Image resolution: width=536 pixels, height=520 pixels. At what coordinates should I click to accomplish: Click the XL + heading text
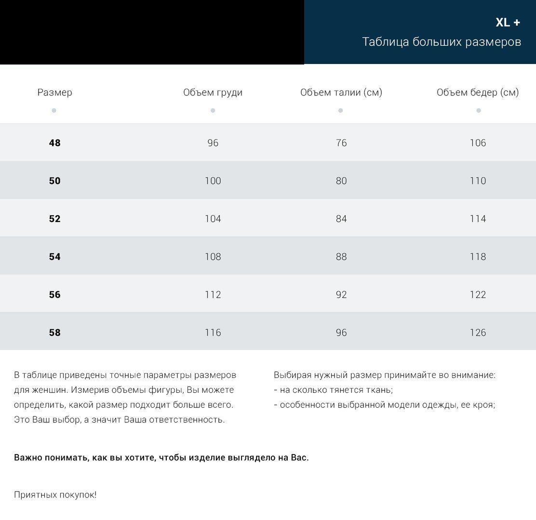point(508,23)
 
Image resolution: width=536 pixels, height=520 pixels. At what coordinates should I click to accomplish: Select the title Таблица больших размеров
point(441,42)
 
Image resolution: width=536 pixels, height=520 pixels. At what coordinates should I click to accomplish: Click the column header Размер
point(54,92)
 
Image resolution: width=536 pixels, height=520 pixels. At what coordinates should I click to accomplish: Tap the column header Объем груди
point(213,92)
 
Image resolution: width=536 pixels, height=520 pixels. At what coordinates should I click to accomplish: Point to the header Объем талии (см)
point(341,92)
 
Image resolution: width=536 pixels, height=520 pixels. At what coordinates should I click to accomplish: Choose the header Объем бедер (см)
point(477,92)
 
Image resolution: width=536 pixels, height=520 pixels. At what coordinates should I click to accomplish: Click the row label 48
point(54,143)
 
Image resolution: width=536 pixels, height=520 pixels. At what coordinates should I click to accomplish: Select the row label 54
point(54,257)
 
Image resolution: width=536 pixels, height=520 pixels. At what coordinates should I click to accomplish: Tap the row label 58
point(54,333)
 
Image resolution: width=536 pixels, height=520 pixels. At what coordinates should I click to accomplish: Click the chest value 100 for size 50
point(213,181)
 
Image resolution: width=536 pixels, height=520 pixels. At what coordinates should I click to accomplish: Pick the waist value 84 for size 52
point(341,219)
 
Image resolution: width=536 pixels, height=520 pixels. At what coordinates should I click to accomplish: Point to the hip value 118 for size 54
point(478,257)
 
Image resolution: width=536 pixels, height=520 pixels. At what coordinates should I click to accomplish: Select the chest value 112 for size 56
point(213,295)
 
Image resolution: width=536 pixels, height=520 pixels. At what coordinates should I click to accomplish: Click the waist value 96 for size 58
point(341,333)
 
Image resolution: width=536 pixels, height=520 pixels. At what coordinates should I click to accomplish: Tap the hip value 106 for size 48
point(478,143)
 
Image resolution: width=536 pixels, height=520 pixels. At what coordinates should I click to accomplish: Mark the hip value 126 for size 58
point(478,333)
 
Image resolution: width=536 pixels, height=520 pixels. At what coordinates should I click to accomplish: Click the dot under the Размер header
point(54,111)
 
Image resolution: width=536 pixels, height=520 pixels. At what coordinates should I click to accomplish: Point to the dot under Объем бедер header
point(478,111)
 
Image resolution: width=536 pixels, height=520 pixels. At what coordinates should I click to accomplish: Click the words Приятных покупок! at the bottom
point(55,494)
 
